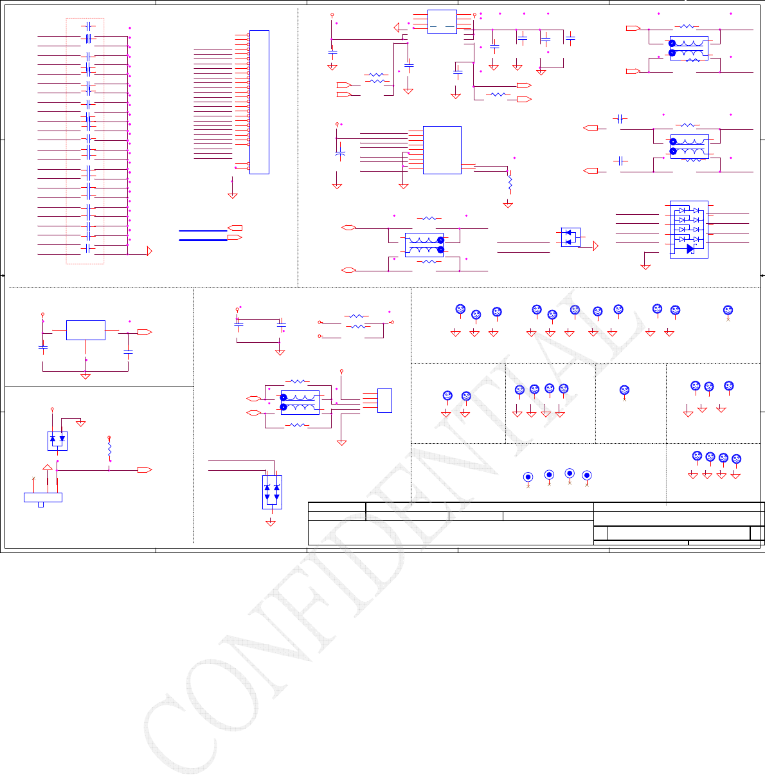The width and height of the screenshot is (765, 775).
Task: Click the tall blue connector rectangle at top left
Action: (259, 102)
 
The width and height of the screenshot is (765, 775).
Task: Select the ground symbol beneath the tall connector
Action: (233, 194)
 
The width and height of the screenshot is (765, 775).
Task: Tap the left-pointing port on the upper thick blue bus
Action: (235, 228)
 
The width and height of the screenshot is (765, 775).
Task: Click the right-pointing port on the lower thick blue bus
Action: (235, 238)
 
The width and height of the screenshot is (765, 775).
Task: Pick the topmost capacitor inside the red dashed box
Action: (89, 26)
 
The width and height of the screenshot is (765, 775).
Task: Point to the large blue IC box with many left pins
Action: (442, 150)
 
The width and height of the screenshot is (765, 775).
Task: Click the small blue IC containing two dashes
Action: (442, 22)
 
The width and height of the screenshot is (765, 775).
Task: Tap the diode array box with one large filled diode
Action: (688, 229)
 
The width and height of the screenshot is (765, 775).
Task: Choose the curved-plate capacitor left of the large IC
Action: (340, 154)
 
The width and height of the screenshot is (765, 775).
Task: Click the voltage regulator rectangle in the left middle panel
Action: (85, 330)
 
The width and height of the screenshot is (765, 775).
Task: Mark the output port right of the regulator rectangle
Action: (144, 332)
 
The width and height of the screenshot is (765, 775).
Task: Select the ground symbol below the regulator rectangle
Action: (85, 376)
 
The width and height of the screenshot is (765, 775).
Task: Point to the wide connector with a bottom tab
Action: (42, 497)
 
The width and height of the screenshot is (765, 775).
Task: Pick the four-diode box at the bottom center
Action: (272, 492)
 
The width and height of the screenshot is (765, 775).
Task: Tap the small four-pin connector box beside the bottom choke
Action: (384, 400)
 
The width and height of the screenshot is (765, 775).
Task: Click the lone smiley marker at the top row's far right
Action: (728, 310)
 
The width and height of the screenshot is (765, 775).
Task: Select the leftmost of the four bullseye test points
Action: (528, 477)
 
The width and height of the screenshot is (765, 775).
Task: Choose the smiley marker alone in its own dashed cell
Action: (624, 390)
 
